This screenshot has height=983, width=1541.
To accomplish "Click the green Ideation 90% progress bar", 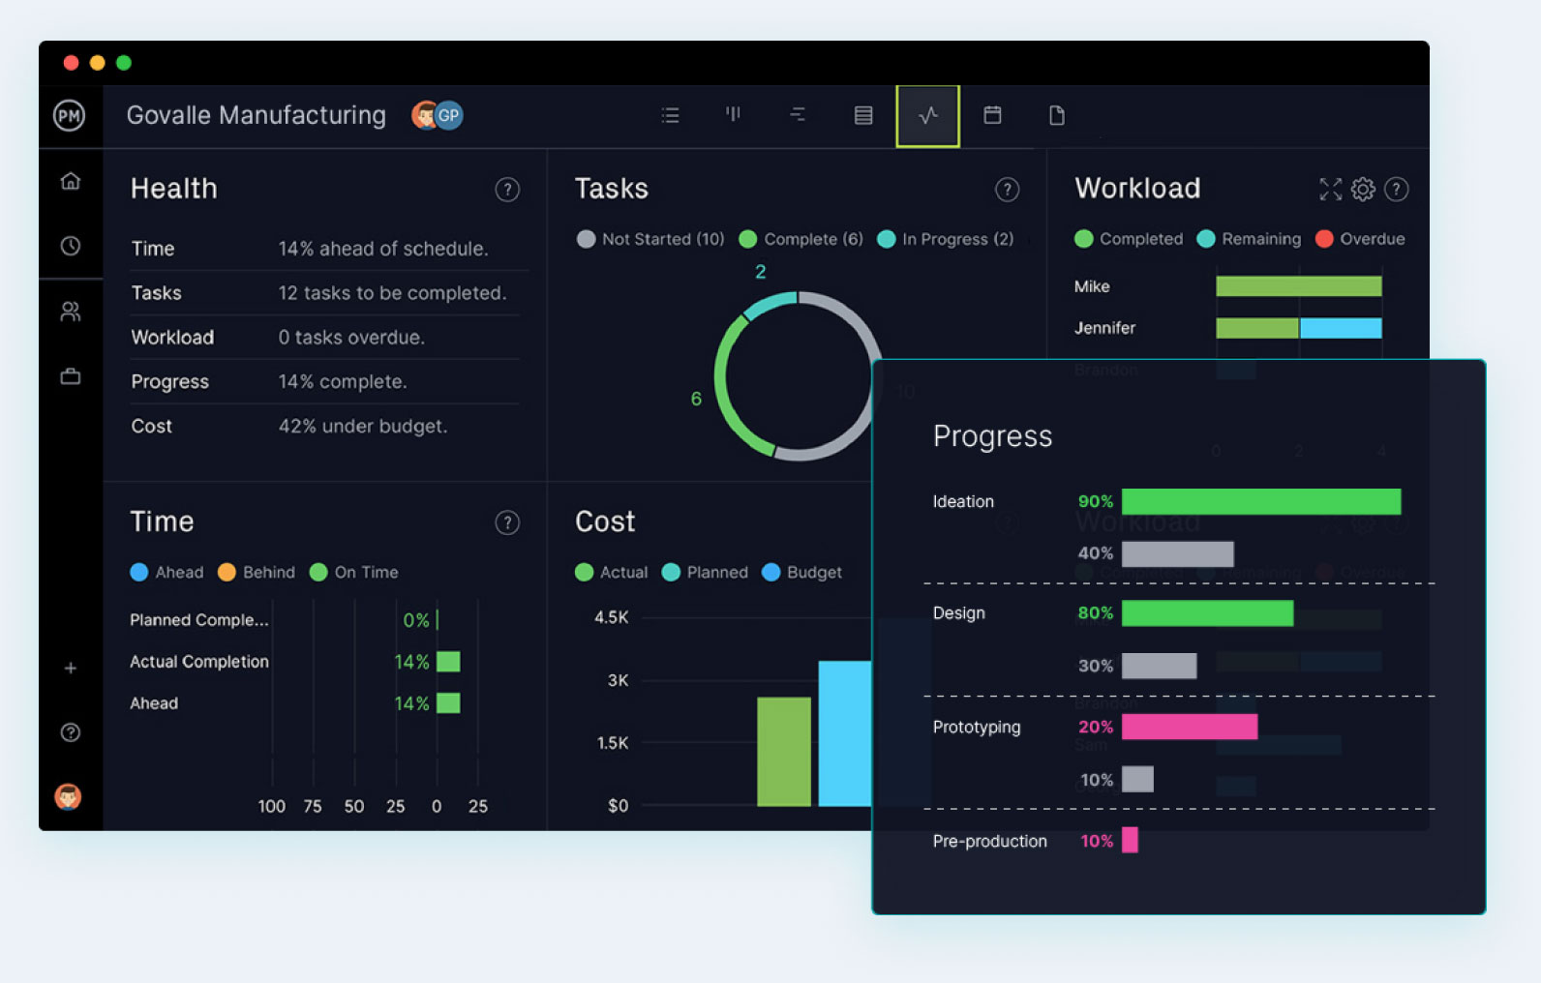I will tap(1260, 501).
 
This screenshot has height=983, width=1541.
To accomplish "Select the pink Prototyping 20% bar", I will tap(1189, 727).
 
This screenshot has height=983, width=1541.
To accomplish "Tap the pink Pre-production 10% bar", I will tap(1130, 840).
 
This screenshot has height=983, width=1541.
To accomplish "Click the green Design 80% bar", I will tap(1206, 613).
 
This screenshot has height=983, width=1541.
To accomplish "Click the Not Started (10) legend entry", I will tap(650, 239).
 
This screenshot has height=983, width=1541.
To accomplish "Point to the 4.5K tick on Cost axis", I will tap(612, 617).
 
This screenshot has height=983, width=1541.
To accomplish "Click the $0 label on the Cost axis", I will tap(618, 806).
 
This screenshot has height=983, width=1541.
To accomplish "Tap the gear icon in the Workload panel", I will tap(1363, 190).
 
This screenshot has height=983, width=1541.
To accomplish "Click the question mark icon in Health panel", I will tap(507, 190).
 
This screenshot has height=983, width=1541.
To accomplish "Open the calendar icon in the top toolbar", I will tap(992, 115).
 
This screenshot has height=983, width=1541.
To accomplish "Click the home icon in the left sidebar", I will tap(71, 181).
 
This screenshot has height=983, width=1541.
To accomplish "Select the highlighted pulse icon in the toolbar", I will tap(927, 116).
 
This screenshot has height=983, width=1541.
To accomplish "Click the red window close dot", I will tap(71, 63).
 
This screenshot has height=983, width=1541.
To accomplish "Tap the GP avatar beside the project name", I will tap(449, 115).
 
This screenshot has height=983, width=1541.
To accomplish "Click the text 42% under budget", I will tap(363, 427).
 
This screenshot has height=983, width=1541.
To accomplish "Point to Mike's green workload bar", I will tap(1298, 286).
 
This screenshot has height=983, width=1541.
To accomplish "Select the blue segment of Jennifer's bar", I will tap(1340, 328).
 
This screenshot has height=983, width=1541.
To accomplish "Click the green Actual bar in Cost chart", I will tap(783, 751).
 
